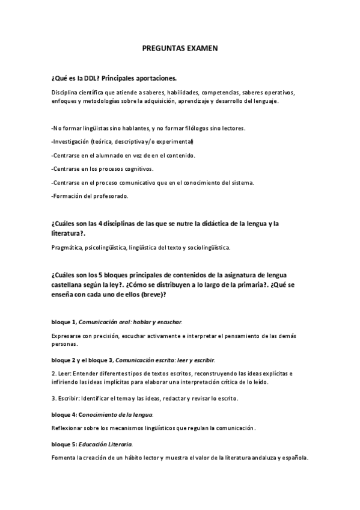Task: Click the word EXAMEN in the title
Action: click(201, 48)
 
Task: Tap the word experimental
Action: click(175, 142)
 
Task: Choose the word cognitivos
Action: click(136, 169)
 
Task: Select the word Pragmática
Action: click(67, 247)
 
